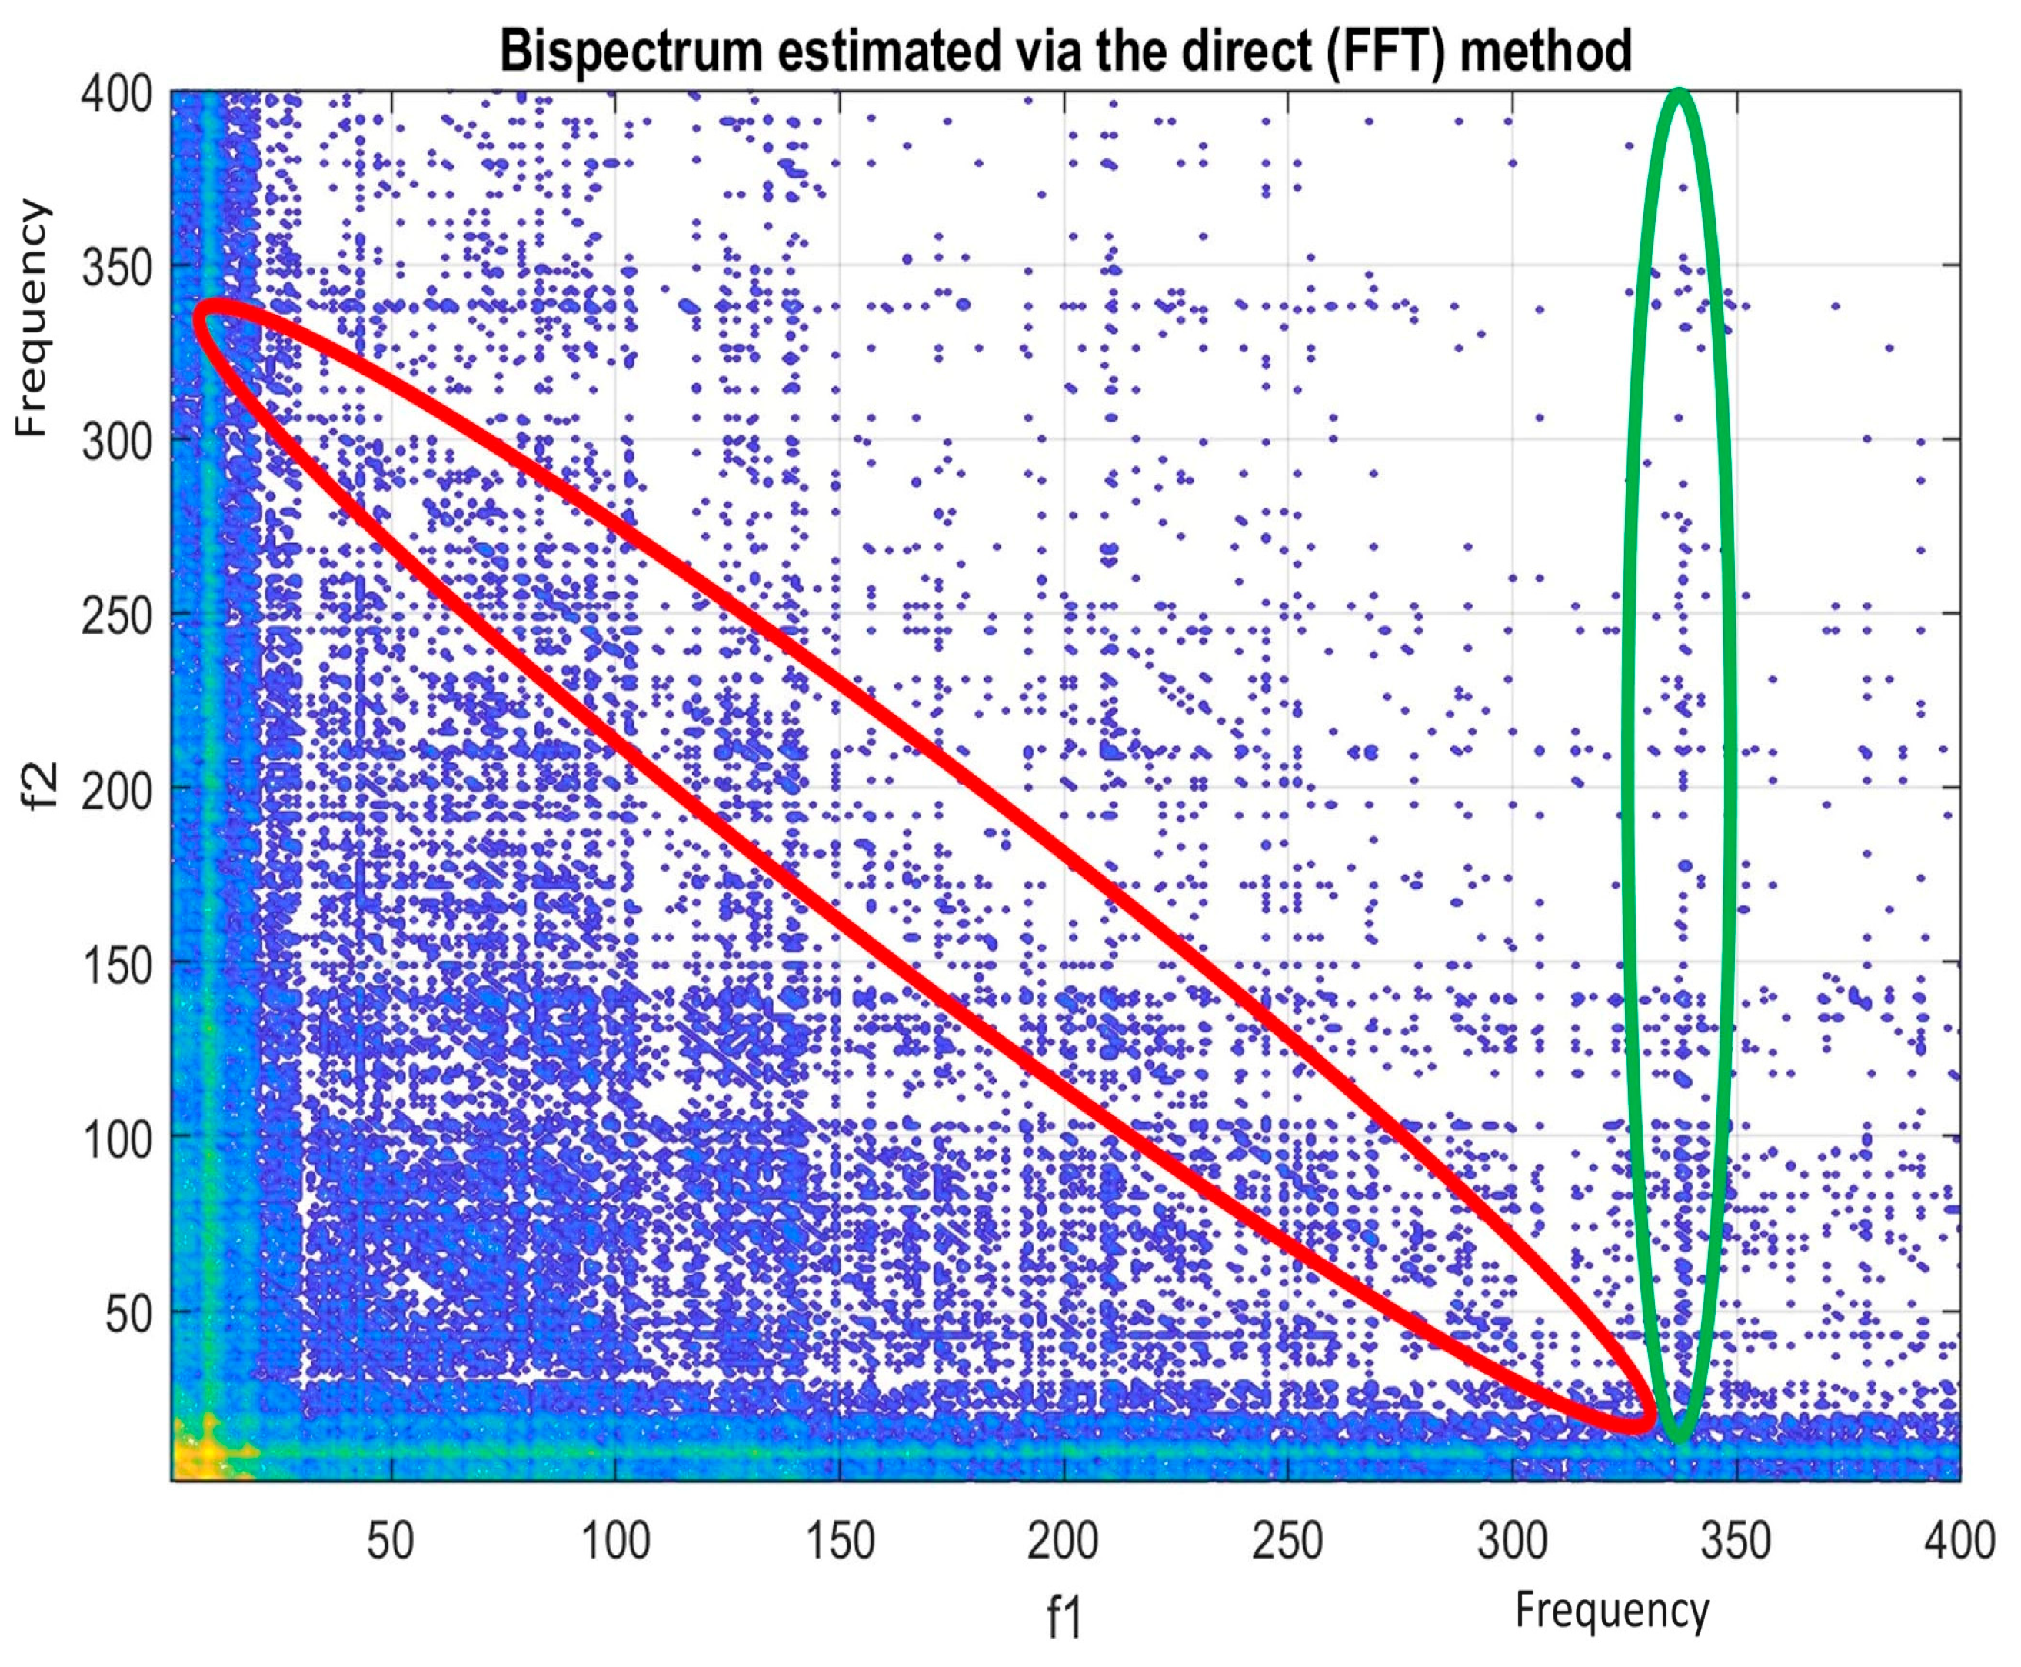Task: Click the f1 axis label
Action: [1064, 1618]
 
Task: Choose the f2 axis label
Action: [40, 788]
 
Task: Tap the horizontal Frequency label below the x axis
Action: [1612, 1609]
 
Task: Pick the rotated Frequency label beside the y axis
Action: [31, 318]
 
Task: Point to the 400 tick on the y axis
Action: [117, 94]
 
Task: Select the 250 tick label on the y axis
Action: [117, 615]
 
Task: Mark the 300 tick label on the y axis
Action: [117, 442]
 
